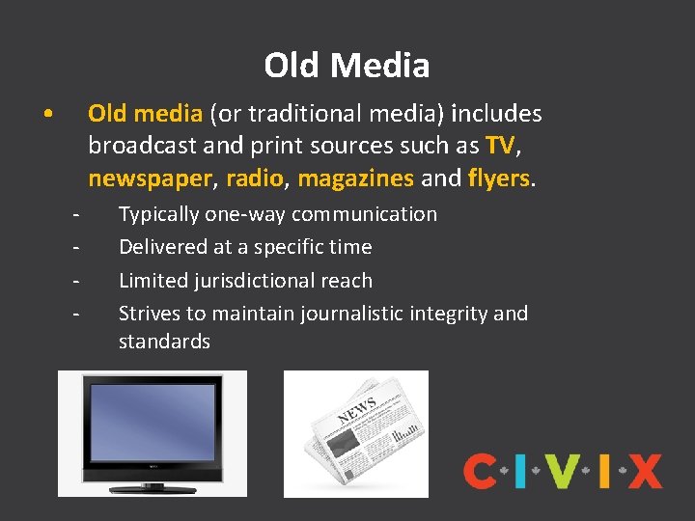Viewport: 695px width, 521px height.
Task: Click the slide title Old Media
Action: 347,66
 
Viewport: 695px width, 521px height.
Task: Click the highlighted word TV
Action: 500,146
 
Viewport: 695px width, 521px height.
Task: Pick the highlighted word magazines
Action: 356,178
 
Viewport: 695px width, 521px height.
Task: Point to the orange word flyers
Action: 499,178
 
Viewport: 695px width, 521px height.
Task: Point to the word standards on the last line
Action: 164,342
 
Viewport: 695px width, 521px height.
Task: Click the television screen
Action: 152,425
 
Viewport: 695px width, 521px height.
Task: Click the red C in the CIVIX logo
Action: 480,472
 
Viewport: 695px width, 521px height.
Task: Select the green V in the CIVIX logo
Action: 562,472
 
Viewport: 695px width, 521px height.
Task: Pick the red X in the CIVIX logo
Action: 645,472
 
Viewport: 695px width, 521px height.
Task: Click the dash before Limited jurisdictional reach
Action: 74,281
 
